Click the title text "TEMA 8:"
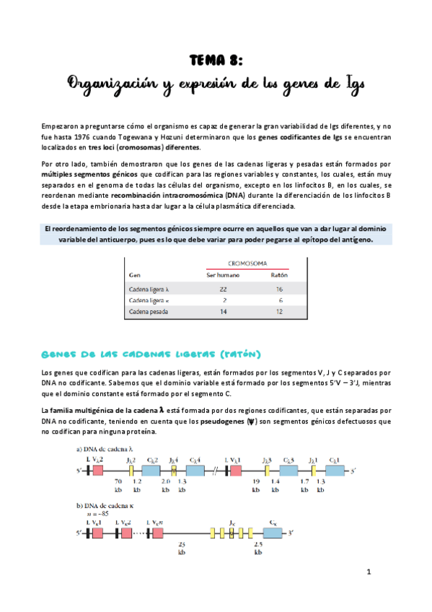click(216, 59)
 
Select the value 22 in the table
click(222, 288)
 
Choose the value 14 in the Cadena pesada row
click(222, 311)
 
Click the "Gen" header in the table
click(134, 275)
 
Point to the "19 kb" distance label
click(255, 485)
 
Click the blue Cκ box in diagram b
click(272, 533)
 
